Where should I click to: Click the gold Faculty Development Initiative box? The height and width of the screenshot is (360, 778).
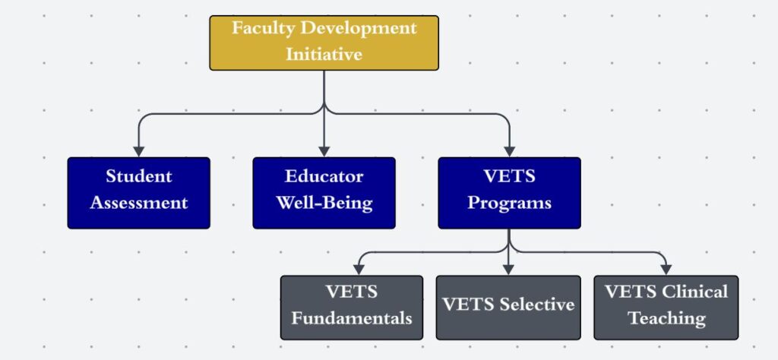coord(324,43)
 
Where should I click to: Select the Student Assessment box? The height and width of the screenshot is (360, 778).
coord(139,193)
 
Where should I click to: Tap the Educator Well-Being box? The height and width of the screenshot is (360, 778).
coord(324,193)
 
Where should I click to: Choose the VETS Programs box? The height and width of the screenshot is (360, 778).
coord(509,193)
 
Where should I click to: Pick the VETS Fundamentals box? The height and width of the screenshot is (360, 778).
coord(352,308)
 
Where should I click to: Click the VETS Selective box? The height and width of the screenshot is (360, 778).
coord(508,308)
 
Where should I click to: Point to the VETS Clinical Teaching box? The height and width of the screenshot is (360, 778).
coord(666,308)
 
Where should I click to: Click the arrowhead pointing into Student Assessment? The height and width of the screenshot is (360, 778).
coord(139,151)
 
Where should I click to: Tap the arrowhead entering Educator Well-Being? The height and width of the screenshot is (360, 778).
coord(324,151)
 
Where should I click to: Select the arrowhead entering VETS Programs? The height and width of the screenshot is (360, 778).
coord(510,151)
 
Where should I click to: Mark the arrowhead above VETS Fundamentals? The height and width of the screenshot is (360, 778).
coord(359,270)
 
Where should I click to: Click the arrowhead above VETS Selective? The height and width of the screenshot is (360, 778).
coord(508,270)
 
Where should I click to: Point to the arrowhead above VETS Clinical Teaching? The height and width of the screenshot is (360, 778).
coord(666,270)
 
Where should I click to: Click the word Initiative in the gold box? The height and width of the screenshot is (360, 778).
coord(324,54)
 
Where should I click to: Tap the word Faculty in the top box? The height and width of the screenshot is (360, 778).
coord(263,28)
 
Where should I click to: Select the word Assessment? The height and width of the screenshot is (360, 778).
coord(139,202)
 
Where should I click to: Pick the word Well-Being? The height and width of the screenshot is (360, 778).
coord(324,203)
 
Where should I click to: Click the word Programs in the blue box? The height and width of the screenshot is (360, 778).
coord(510,204)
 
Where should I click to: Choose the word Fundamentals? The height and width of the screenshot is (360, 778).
coord(352,318)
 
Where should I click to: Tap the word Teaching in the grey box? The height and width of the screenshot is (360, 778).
coord(667,318)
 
